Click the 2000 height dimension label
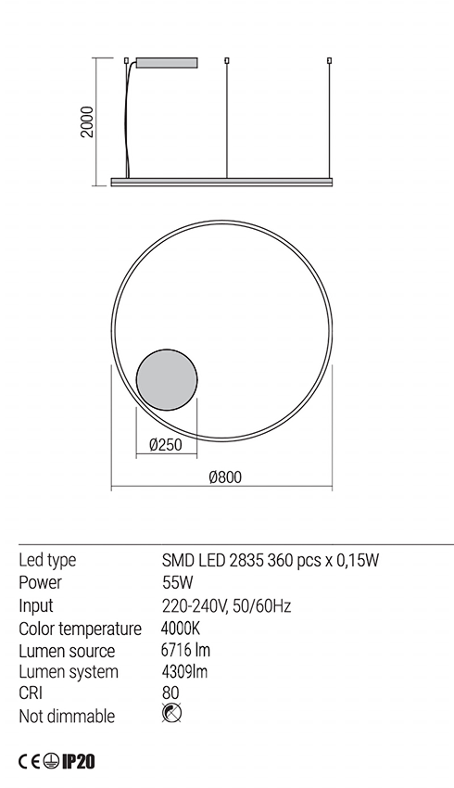[88, 122]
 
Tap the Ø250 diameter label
[166, 445]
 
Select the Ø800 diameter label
[225, 477]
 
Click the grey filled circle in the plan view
[167, 377]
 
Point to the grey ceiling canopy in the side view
[167, 62]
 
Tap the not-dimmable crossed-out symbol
[171, 713]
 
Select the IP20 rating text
[78, 761]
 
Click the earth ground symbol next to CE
[50, 761]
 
